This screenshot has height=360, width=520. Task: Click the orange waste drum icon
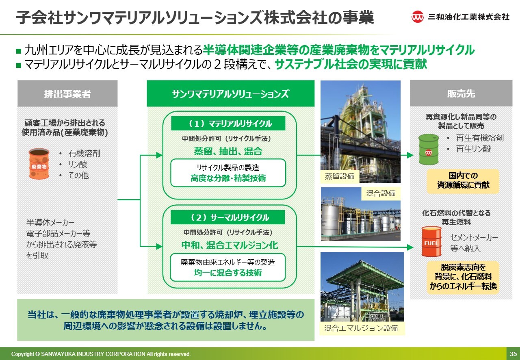(x=39, y=164)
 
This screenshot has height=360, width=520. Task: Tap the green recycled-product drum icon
(x=429, y=150)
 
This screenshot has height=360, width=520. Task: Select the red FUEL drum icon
(x=431, y=241)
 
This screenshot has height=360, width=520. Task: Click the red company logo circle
(x=417, y=17)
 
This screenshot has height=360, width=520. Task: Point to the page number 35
(x=513, y=354)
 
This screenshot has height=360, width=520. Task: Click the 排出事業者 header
(x=67, y=93)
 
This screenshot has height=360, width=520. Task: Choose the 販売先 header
(x=461, y=93)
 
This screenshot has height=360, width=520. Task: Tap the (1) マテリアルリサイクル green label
(x=228, y=124)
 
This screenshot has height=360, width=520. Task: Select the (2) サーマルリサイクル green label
(x=228, y=217)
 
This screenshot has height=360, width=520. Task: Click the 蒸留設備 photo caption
(x=340, y=176)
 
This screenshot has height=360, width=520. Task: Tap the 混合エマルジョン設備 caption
(x=361, y=328)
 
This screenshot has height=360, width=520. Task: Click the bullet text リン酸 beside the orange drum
(x=78, y=164)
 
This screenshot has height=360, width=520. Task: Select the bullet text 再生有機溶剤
(x=480, y=138)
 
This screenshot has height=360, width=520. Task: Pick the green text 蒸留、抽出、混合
(x=228, y=152)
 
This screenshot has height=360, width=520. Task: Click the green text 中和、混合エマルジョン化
(x=230, y=245)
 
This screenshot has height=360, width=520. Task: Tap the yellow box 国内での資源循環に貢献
(x=463, y=181)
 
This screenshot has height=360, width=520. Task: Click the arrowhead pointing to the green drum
(x=410, y=155)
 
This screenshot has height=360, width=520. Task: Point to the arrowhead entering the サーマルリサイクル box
(x=159, y=246)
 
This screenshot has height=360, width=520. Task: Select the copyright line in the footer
(x=101, y=354)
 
